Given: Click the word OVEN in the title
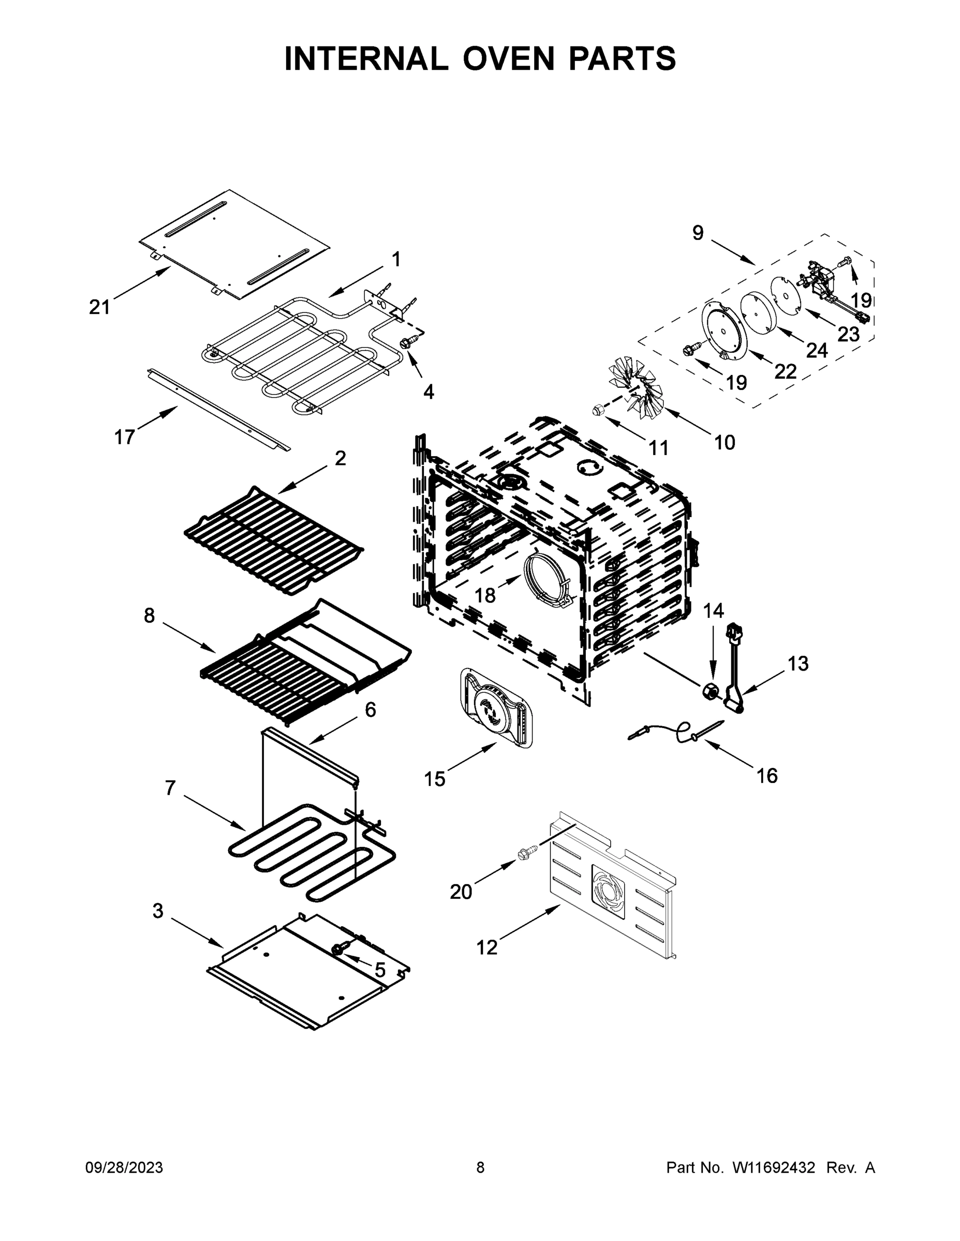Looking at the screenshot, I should [x=508, y=58].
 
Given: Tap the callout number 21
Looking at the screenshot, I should [x=99, y=308].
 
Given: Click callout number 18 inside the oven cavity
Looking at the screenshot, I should [x=485, y=595].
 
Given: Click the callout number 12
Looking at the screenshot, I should [x=487, y=947].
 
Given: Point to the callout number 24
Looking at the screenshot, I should [x=817, y=351].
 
